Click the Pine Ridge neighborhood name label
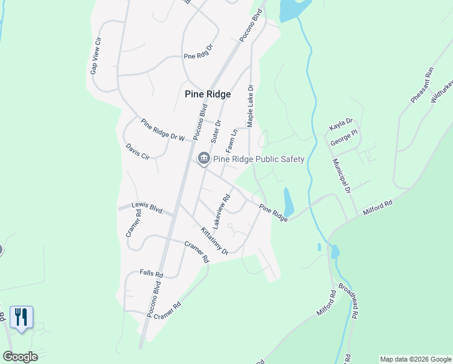208,94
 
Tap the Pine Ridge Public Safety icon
203,159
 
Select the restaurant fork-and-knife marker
21,317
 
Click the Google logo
20,356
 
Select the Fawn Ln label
231,141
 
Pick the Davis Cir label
137,152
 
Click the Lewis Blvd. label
148,209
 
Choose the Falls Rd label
151,274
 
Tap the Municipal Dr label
341,176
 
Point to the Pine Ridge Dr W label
162,130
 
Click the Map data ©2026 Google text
415,359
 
